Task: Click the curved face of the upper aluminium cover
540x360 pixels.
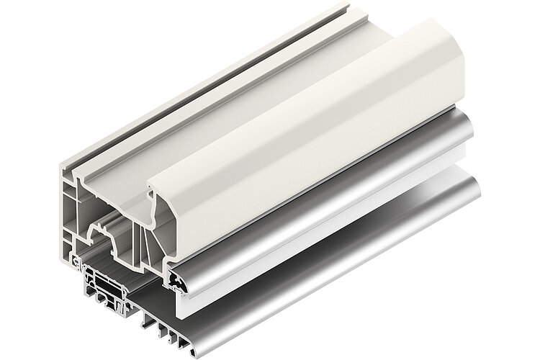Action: (x=324, y=209)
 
